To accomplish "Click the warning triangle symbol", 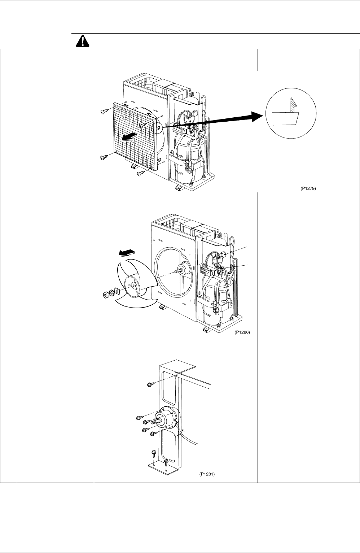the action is coord(83,41).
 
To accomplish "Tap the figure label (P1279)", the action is coord(308,189).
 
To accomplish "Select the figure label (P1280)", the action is coord(242,332).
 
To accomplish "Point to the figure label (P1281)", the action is coord(207,474).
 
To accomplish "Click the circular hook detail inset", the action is coord(291,113).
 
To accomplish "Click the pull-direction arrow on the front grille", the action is coord(129,137).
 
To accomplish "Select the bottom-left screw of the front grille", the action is coord(104,157).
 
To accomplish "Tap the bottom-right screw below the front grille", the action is coord(141,174).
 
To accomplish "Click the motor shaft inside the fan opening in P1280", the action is coord(177,271).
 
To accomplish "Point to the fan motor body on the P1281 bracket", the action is coord(167,418).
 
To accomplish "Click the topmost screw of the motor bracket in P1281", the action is coord(151,384).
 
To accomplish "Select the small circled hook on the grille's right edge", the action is coord(157,127).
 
